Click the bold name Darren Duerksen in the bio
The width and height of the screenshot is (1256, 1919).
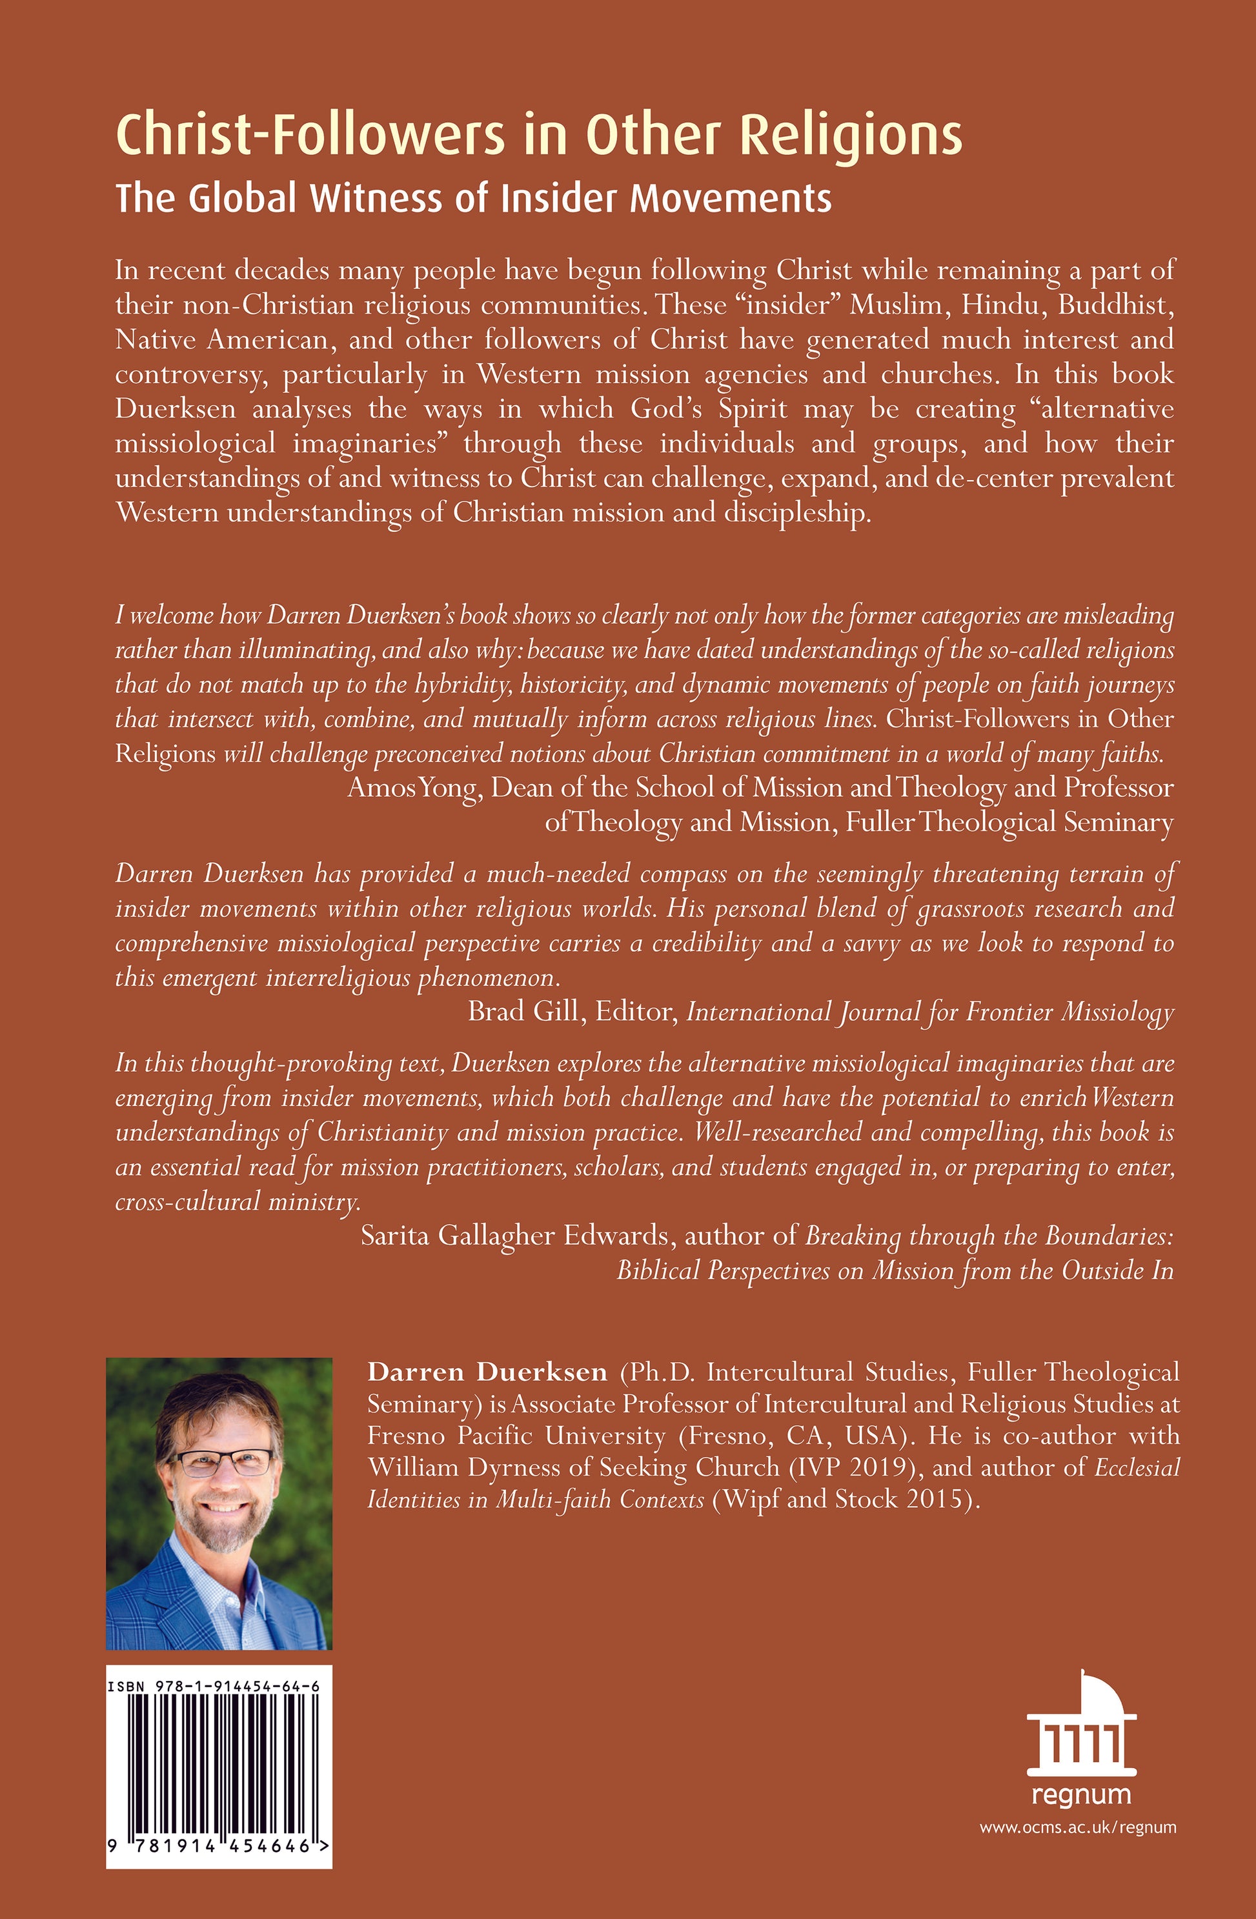[x=487, y=1372]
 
